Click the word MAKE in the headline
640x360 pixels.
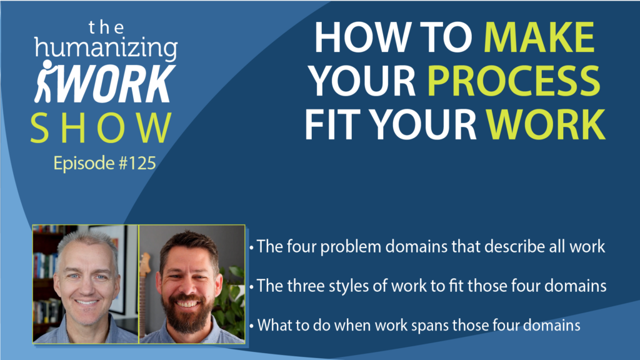[x=539, y=37]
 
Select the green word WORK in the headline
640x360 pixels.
[x=546, y=124]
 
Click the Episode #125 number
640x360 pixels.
[x=105, y=163]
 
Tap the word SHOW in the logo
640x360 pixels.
[x=101, y=127]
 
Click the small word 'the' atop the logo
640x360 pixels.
[x=106, y=27]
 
